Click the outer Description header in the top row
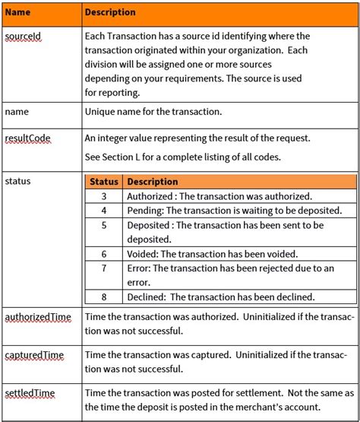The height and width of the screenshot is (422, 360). [x=110, y=13]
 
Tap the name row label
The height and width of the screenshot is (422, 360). [x=17, y=112]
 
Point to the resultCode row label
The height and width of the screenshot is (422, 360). [x=27, y=138]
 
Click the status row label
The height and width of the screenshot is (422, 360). [x=17, y=182]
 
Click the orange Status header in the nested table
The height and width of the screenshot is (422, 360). [x=104, y=182]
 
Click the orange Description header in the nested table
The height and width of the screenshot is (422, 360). [x=152, y=182]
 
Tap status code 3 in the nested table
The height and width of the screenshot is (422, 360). [x=104, y=196]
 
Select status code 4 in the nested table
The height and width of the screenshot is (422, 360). [x=104, y=210]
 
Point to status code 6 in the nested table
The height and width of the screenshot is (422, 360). [x=104, y=253]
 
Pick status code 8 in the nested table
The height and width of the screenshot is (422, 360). [x=104, y=297]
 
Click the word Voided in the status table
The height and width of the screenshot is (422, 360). [x=143, y=253]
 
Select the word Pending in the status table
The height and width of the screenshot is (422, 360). [x=144, y=210]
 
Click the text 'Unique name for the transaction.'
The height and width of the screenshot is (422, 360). [x=153, y=112]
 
